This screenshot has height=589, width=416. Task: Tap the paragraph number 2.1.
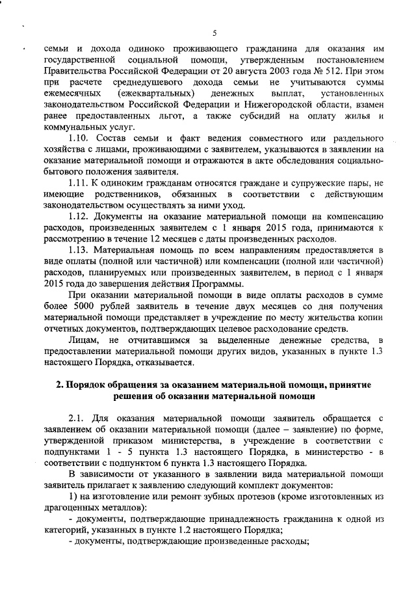point(77,418)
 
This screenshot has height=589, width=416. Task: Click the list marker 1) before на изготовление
point(73,497)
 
